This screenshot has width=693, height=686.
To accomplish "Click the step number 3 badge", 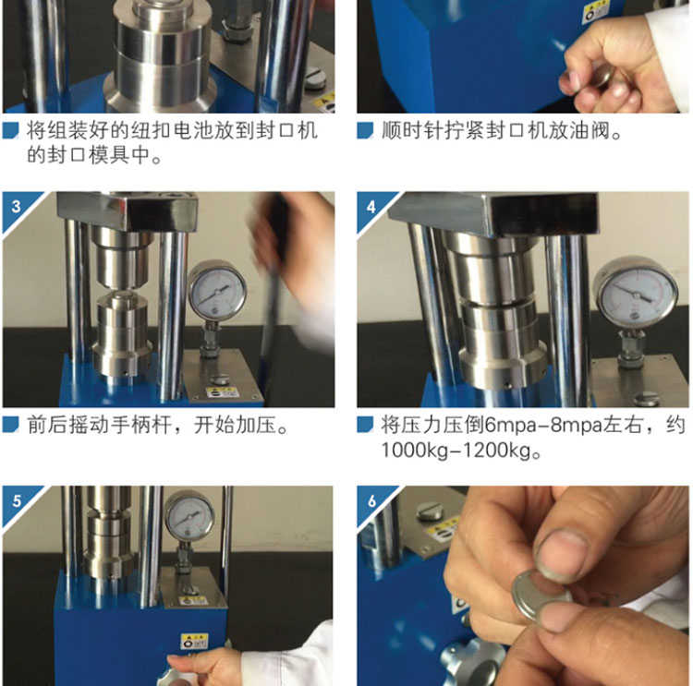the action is pyautogui.click(x=17, y=207).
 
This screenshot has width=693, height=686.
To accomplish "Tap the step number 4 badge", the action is pyautogui.click(x=371, y=207).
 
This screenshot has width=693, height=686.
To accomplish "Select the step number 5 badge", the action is pyautogui.click(x=17, y=501).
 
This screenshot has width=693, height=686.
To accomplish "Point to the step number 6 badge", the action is pyautogui.click(x=371, y=501).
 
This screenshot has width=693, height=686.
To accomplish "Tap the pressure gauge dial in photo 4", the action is pyautogui.click(x=636, y=293).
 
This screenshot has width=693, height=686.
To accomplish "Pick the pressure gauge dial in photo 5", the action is pyautogui.click(x=189, y=516).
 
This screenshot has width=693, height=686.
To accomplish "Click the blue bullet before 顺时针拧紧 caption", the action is pyautogui.click(x=365, y=131).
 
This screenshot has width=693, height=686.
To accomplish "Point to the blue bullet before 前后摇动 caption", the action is pyautogui.click(x=10, y=425).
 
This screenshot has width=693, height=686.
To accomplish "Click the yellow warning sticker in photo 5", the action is pyautogui.click(x=194, y=641).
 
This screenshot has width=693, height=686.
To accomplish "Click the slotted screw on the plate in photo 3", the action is pyautogui.click(x=220, y=379).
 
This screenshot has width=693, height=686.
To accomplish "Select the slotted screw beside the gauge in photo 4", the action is pyautogui.click(x=647, y=398).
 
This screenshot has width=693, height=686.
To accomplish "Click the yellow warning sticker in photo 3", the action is pyautogui.click(x=223, y=392).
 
